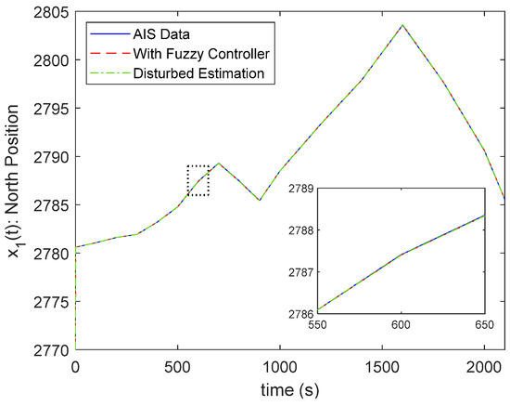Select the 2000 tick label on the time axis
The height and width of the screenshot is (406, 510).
[x=484, y=366]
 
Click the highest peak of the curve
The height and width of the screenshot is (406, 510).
[x=402, y=25]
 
